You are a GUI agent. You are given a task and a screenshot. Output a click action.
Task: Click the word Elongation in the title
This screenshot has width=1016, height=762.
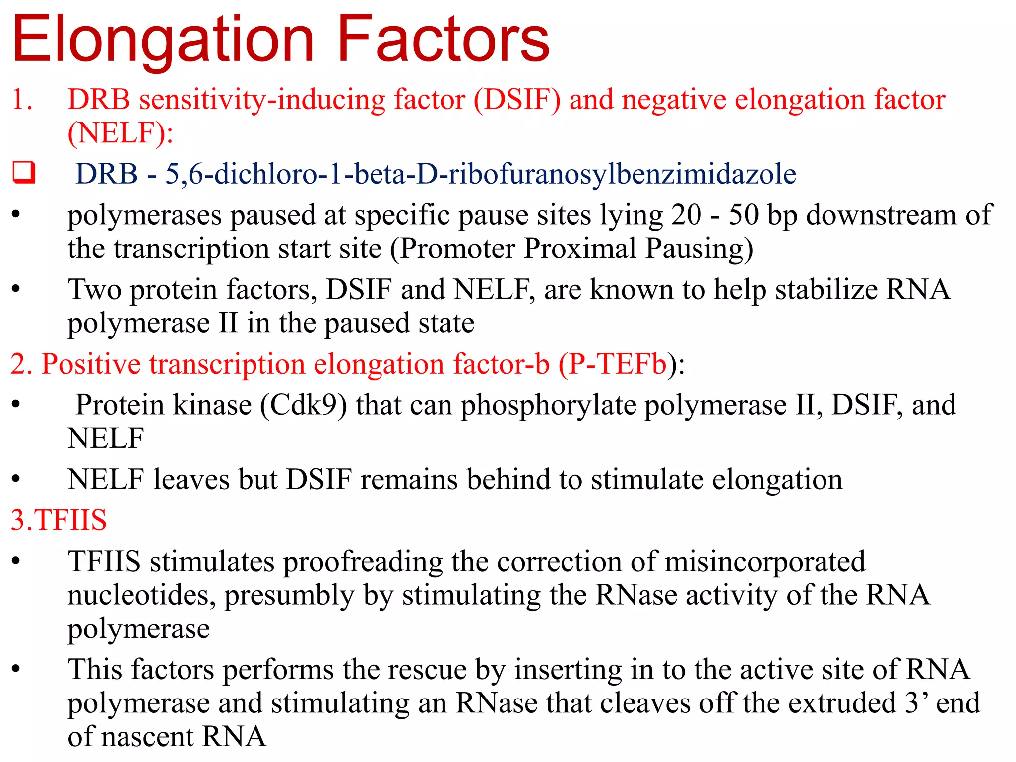click(164, 40)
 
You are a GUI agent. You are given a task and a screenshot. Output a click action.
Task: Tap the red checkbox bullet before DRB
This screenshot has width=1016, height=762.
click(24, 173)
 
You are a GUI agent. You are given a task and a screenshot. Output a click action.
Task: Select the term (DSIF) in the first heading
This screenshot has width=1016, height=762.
click(517, 99)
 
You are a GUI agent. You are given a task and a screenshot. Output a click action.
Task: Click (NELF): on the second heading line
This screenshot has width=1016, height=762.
click(121, 133)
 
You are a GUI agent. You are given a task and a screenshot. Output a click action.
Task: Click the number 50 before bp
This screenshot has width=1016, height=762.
click(743, 215)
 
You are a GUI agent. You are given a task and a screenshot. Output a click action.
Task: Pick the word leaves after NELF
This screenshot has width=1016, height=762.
click(191, 479)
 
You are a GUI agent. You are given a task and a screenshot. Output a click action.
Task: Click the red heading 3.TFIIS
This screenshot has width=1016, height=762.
click(59, 520)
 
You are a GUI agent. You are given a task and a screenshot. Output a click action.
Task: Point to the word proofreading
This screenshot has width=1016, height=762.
click(363, 562)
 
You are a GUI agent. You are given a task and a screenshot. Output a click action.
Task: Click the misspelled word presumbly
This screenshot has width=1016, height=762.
click(289, 595)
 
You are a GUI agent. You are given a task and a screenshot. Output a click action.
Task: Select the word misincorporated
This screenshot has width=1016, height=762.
click(765, 562)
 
